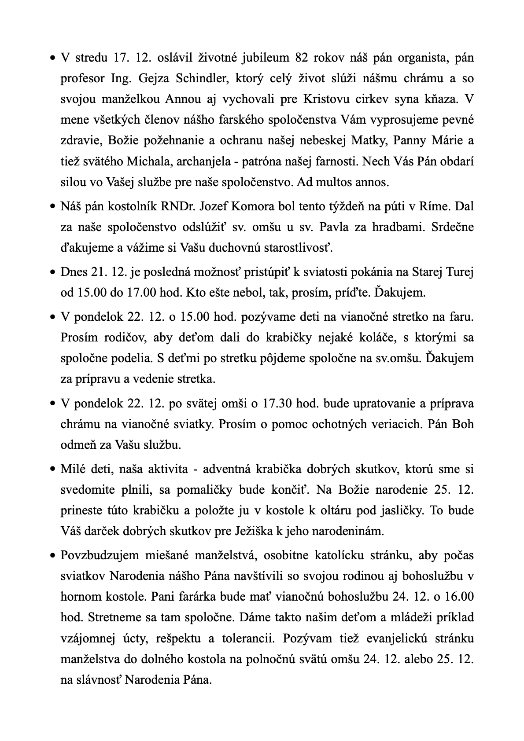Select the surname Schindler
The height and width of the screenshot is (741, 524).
pos(201,78)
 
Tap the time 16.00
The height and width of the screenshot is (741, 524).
pos(458,597)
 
